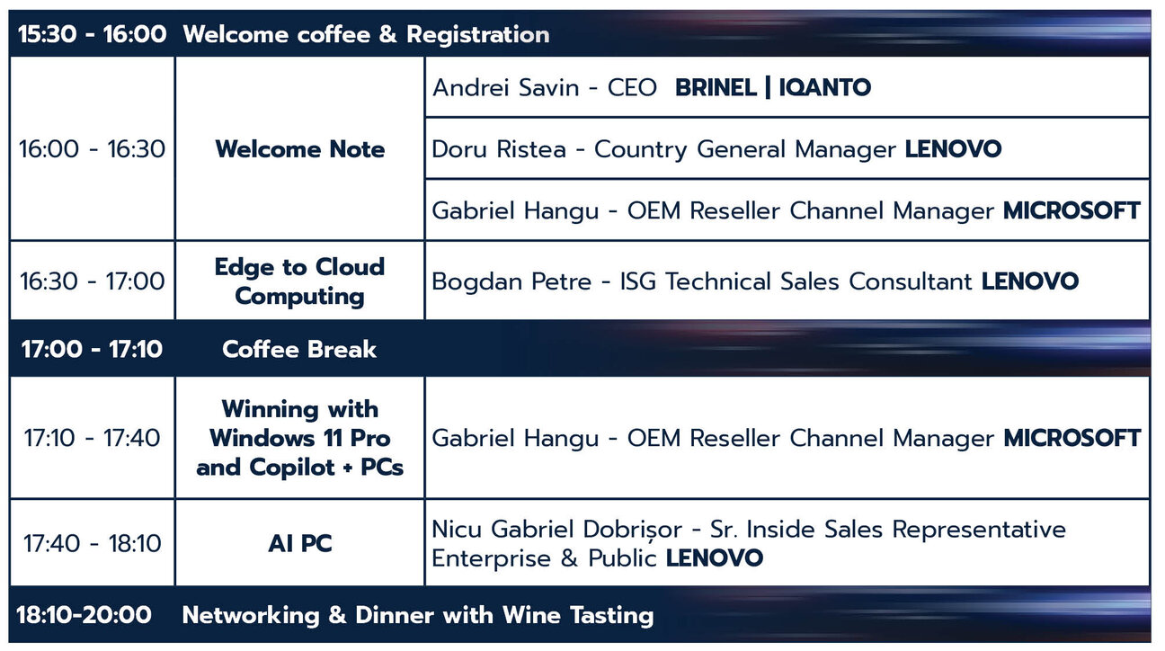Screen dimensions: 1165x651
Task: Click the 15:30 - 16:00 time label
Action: (92, 34)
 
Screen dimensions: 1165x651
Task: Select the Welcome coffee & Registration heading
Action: (366, 35)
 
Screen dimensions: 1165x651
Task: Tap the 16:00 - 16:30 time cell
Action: (92, 149)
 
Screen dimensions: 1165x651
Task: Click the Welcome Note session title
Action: (300, 149)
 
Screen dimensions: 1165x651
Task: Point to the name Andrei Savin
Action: (505, 87)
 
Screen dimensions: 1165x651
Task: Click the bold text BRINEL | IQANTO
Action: (773, 87)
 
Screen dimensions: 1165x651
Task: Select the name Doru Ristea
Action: (499, 149)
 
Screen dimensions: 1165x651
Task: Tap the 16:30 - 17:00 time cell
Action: (92, 281)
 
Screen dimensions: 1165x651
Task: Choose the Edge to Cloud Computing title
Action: (299, 281)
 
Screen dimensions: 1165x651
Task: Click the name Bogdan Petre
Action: (511, 281)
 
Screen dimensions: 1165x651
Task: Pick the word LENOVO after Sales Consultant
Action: (1030, 281)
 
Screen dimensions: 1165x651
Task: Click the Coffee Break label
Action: (299, 349)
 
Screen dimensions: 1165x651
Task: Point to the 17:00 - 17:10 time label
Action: (92, 349)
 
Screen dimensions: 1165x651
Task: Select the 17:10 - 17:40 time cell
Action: (92, 438)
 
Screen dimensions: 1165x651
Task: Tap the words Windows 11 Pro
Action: (300, 438)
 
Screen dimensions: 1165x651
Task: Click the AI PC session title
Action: (300, 544)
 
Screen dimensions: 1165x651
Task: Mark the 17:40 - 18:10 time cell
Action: (92, 544)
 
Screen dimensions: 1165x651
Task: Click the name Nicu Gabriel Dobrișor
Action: (556, 530)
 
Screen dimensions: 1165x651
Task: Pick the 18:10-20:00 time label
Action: (84, 615)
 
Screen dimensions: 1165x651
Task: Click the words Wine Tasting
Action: (578, 616)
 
